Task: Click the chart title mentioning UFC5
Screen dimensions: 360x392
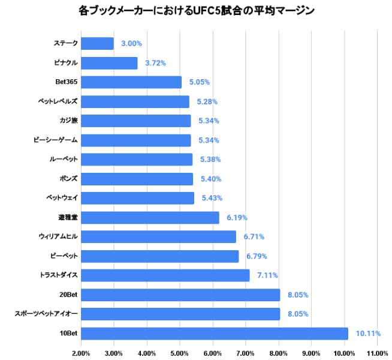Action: pyautogui.click(x=196, y=11)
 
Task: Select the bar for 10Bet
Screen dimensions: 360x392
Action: pyautogui.click(x=214, y=333)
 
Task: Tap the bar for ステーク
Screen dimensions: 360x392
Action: pyautogui.click(x=97, y=43)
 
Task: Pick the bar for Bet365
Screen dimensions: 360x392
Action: pyautogui.click(x=131, y=82)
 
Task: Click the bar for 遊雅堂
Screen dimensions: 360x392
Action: pyautogui.click(x=150, y=217)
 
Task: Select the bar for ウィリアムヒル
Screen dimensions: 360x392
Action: pyautogui.click(x=158, y=236)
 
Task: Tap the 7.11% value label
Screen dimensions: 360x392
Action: pyautogui.click(x=267, y=275)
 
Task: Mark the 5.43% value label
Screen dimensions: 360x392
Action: pyautogui.click(x=212, y=198)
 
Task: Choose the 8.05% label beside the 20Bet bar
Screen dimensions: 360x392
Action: pyautogui.click(x=298, y=295)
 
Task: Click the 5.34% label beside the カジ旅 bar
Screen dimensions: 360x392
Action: pyautogui.click(x=209, y=121)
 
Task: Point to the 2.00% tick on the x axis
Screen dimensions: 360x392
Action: pyautogui.click(x=81, y=353)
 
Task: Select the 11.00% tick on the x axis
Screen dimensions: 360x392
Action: pyautogui.click(x=376, y=353)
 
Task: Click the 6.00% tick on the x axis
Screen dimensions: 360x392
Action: pyautogui.click(x=212, y=353)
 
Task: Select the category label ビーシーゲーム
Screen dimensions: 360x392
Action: pyautogui.click(x=56, y=140)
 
